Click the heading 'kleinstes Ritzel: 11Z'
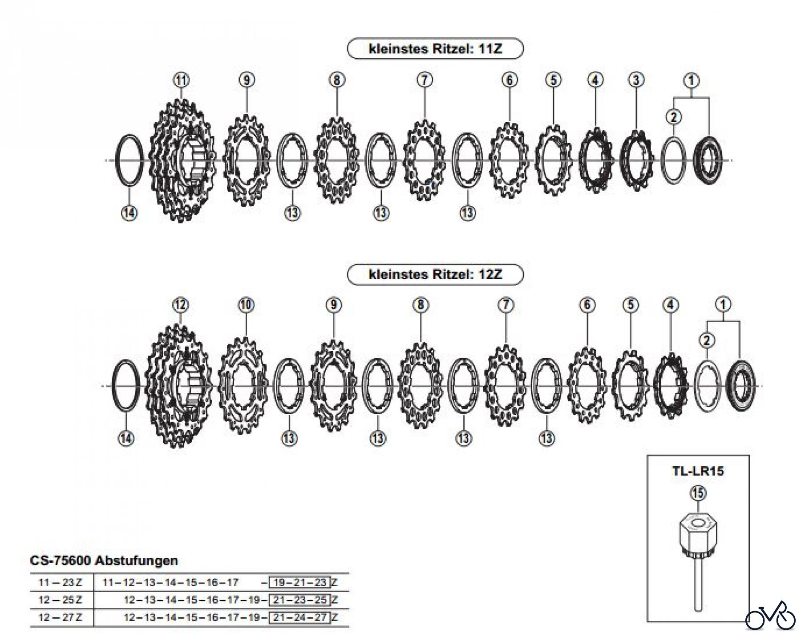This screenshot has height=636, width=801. pos(435,48)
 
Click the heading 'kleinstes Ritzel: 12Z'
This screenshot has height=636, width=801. pos(435,274)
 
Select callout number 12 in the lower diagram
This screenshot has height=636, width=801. pos(180,305)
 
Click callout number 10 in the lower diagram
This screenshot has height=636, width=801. pos(246,305)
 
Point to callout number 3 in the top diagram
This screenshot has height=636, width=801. pos(636,80)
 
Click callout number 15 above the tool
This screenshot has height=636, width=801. pos(698,493)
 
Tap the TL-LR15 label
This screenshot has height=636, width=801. pos(698,471)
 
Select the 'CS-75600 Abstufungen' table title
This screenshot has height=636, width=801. pos(104,560)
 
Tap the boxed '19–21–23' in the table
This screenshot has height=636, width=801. pos(300,582)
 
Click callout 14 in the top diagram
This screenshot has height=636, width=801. pos(129,213)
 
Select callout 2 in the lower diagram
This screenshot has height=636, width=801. pos(707,341)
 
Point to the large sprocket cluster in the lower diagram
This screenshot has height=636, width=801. pos(178,385)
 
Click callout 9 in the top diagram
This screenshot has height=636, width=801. pos(247,80)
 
